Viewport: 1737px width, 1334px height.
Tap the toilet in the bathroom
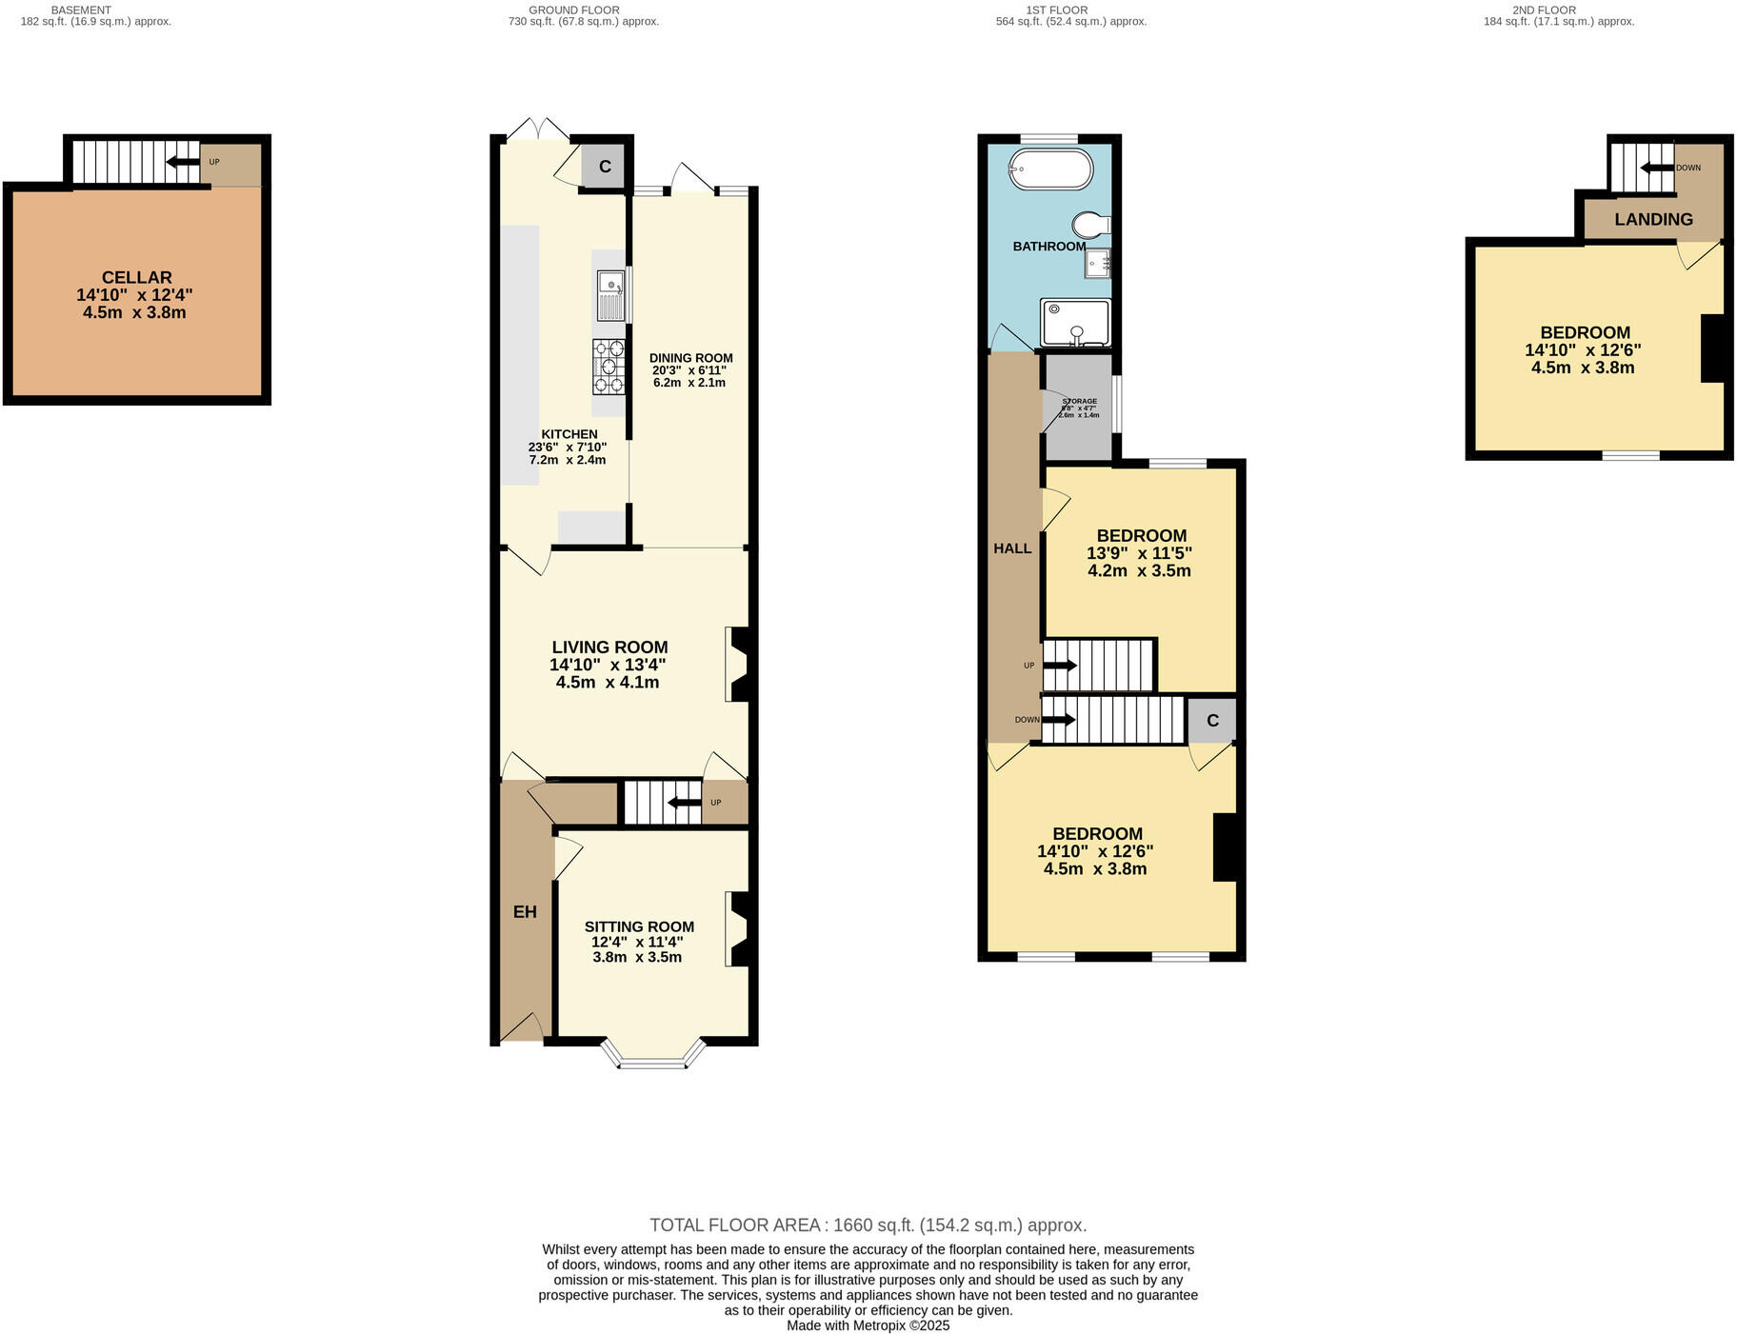[1089, 225]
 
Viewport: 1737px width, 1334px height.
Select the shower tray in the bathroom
[1075, 322]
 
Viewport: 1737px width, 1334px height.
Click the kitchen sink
[610, 294]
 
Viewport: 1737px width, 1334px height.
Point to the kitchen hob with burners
[609, 366]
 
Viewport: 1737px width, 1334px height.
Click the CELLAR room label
[136, 277]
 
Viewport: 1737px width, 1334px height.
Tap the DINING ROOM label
[690, 358]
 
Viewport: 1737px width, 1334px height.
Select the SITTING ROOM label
[638, 926]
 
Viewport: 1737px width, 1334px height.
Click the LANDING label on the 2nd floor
[1653, 219]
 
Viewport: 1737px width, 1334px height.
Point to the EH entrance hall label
[525, 912]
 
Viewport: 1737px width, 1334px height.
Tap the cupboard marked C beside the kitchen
[604, 167]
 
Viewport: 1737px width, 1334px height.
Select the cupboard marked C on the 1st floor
[1211, 720]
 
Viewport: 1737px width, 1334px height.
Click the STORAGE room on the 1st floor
[1079, 408]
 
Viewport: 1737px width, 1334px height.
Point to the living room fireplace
[739, 664]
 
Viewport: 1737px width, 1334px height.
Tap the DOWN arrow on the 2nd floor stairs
[1657, 168]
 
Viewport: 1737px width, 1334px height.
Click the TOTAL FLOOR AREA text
[868, 1225]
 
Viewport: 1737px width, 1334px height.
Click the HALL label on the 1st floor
[1012, 548]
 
